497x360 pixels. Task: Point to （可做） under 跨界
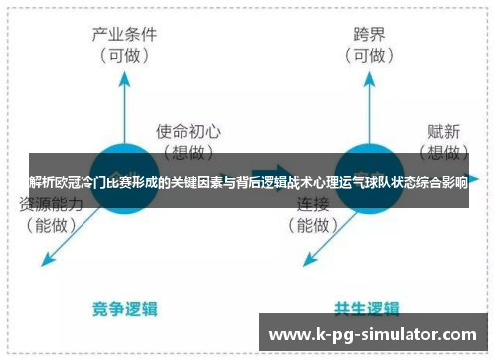point(369,56)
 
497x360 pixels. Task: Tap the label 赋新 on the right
point(445,129)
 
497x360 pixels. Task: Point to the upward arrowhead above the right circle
point(368,78)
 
